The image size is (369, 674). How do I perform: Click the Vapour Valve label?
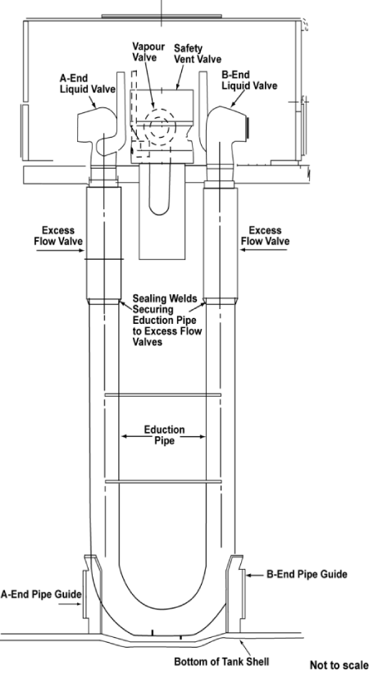point(148,51)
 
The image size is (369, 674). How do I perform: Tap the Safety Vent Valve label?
point(198,53)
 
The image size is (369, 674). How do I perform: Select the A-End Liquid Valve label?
point(87,84)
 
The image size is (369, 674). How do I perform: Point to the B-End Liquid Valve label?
point(249,80)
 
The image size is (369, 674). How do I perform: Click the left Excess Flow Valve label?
point(58,235)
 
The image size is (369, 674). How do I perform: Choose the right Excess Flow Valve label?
point(265,235)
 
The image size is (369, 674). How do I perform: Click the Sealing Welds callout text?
point(166,321)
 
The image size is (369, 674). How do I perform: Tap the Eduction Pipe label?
point(164,435)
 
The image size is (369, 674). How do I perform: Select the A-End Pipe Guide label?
point(41,594)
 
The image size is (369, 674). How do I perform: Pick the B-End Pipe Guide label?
point(307,574)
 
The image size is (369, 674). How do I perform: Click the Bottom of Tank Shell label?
point(221,660)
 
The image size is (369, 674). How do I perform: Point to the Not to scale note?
point(339,665)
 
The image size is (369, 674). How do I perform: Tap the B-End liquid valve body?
point(225,129)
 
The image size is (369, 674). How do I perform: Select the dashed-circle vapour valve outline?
point(160,127)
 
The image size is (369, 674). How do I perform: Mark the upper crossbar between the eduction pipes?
point(163,394)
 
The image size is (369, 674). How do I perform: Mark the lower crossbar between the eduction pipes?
point(163,482)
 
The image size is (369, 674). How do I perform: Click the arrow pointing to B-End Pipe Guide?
point(256,574)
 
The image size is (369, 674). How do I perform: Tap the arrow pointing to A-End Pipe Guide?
point(70,604)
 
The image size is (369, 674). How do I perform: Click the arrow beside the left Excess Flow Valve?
point(60,250)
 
